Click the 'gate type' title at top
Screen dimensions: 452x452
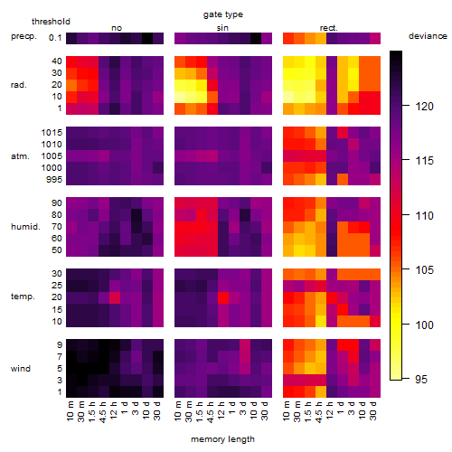(x=223, y=14)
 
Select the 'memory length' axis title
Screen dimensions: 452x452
(x=222, y=439)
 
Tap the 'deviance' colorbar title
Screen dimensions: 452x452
(x=428, y=36)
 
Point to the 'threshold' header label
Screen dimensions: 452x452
(x=51, y=22)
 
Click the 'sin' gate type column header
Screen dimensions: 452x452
(x=222, y=28)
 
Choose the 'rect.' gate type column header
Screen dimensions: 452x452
(x=328, y=28)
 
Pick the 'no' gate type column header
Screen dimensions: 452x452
(x=117, y=28)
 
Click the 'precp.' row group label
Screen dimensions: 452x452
(x=24, y=36)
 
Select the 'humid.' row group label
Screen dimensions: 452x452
(x=25, y=227)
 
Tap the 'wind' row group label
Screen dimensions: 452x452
(x=21, y=369)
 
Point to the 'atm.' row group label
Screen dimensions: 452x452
(x=20, y=156)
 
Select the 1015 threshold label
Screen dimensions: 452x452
(x=52, y=133)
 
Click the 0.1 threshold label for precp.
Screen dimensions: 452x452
(x=55, y=38)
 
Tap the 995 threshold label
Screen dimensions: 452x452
(x=54, y=180)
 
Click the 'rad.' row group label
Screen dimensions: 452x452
(x=19, y=85)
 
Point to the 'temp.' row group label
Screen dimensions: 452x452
(x=23, y=297)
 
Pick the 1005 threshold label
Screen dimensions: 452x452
(x=52, y=156)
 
